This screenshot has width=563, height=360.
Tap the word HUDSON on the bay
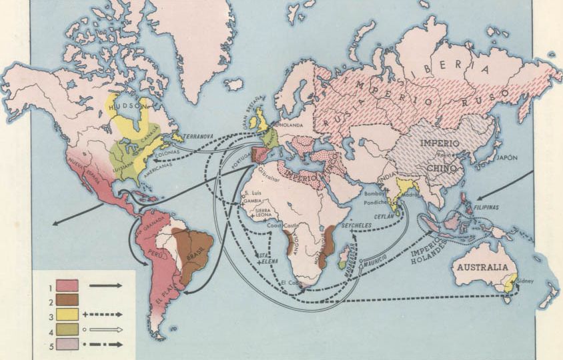pos(125,106)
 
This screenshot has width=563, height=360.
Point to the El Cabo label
pos(292,284)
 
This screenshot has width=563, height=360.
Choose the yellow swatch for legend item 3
pos(67,314)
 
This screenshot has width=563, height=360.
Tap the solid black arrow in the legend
pos(105,285)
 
